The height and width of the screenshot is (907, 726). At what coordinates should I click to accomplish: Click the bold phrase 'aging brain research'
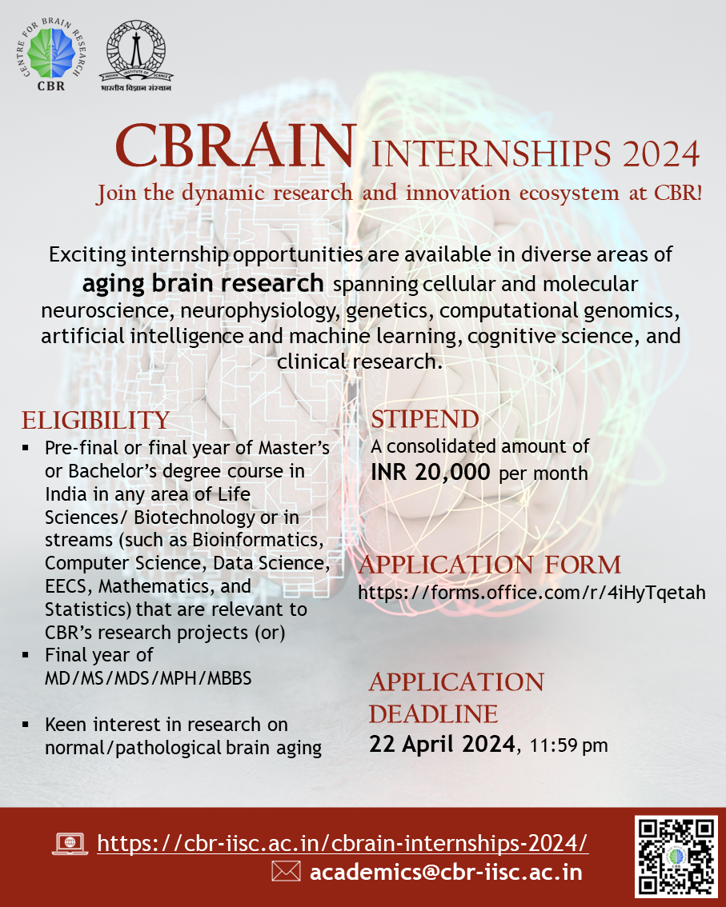point(203,284)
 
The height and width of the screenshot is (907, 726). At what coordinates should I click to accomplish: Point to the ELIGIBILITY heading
point(95,420)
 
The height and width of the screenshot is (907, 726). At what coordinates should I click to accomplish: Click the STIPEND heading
point(424,419)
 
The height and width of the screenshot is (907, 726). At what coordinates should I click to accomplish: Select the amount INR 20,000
point(430,472)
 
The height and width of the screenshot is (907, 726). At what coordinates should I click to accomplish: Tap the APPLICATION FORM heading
point(490,565)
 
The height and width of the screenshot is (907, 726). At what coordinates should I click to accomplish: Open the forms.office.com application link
point(531,593)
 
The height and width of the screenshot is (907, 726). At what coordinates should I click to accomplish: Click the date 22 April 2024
point(442,745)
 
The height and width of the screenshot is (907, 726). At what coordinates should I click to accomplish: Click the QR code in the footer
point(676,857)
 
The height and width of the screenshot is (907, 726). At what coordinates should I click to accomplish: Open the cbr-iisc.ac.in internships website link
point(343,843)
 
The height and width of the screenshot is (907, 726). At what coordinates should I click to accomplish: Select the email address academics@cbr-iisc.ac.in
point(446,872)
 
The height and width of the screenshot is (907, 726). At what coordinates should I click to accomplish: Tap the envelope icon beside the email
point(286,872)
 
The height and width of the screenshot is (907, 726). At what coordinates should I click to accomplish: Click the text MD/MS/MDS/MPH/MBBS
point(148,678)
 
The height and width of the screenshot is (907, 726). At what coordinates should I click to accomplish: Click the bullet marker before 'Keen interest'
point(26,725)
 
